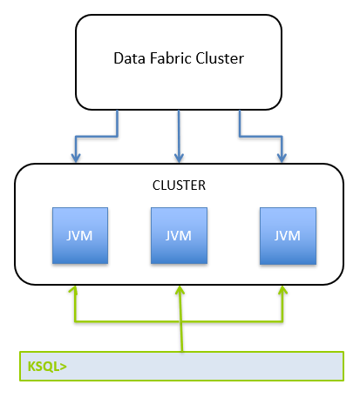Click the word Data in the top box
[129, 58]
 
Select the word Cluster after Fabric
[220, 58]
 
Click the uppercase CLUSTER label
[179, 186]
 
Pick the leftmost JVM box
[80, 235]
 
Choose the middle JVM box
[179, 235]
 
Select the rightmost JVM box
[288, 236]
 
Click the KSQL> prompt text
[47, 367]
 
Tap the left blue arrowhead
[76, 158]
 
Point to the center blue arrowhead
[179, 158]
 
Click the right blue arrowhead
[282, 158]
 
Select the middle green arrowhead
[180, 290]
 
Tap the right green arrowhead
[282, 290]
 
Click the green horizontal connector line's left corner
[75, 321]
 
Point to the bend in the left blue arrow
[117, 136]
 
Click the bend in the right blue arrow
[240, 136]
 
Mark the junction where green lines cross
[180, 321]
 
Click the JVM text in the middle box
[179, 236]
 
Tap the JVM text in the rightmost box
[288, 236]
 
